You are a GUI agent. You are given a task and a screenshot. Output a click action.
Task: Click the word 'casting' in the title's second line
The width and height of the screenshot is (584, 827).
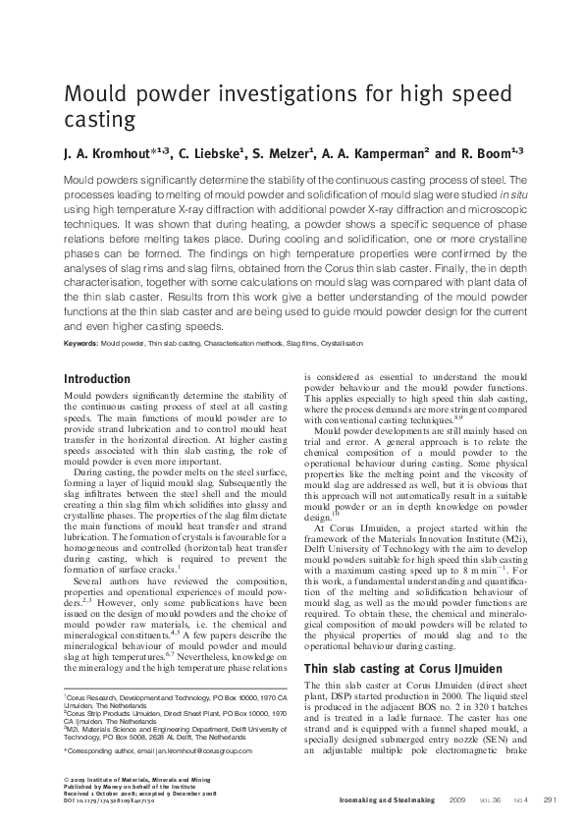pyautogui.click(x=98, y=121)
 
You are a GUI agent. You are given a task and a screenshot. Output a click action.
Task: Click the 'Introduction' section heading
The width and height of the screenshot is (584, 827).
pyautogui.click(x=96, y=379)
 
